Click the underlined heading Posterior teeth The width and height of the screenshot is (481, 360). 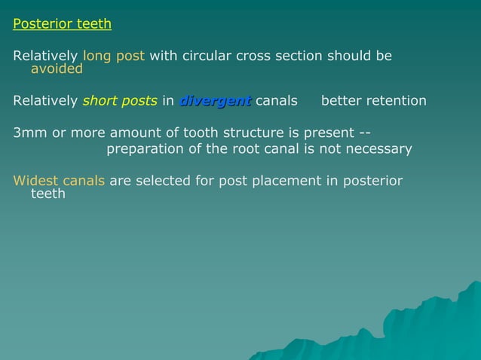(x=62, y=24)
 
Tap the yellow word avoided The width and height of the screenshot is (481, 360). (x=57, y=69)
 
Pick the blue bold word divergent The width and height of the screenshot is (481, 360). (x=215, y=101)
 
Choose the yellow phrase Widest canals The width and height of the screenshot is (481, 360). (x=59, y=181)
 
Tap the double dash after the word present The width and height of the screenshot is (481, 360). (x=360, y=133)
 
